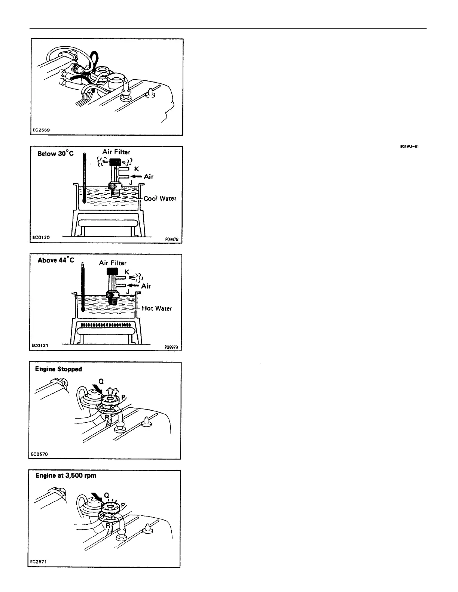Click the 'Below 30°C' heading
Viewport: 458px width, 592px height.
point(55,154)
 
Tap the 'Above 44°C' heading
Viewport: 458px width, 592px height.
point(56,260)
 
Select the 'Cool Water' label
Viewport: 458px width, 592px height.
point(160,198)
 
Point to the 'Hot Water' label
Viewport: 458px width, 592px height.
point(157,308)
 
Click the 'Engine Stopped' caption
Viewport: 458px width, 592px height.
point(58,369)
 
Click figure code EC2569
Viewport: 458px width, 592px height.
point(41,130)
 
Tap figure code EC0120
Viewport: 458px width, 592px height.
point(41,237)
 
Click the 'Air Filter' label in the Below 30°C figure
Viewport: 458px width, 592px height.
point(116,152)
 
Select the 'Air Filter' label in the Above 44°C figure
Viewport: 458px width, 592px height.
point(113,263)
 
